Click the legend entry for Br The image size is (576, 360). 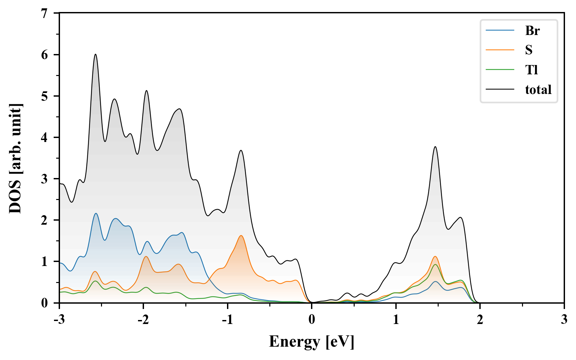[x=532, y=31]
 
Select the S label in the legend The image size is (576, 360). [x=529, y=50]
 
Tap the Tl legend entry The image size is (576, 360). [x=532, y=70]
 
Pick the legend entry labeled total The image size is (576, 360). [x=538, y=90]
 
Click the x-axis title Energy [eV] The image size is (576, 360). [x=311, y=342]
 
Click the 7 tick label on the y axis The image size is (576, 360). [x=45, y=13]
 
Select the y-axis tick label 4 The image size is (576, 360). [x=45, y=137]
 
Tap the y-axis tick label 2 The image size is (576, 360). [x=45, y=220]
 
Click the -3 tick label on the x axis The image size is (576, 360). [x=59, y=320]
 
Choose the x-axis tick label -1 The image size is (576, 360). [x=227, y=320]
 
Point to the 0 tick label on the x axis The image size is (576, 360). [x=312, y=320]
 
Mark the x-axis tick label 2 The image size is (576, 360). [x=480, y=320]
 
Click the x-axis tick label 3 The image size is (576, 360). [x=564, y=320]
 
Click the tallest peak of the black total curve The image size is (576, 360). [x=95, y=54]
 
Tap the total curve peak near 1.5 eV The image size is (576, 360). [x=435, y=147]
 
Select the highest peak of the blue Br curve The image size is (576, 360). [x=96, y=213]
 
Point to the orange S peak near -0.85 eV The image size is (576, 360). [x=241, y=236]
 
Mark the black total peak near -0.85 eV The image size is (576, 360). [x=241, y=150]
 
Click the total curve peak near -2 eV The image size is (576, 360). [x=146, y=91]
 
